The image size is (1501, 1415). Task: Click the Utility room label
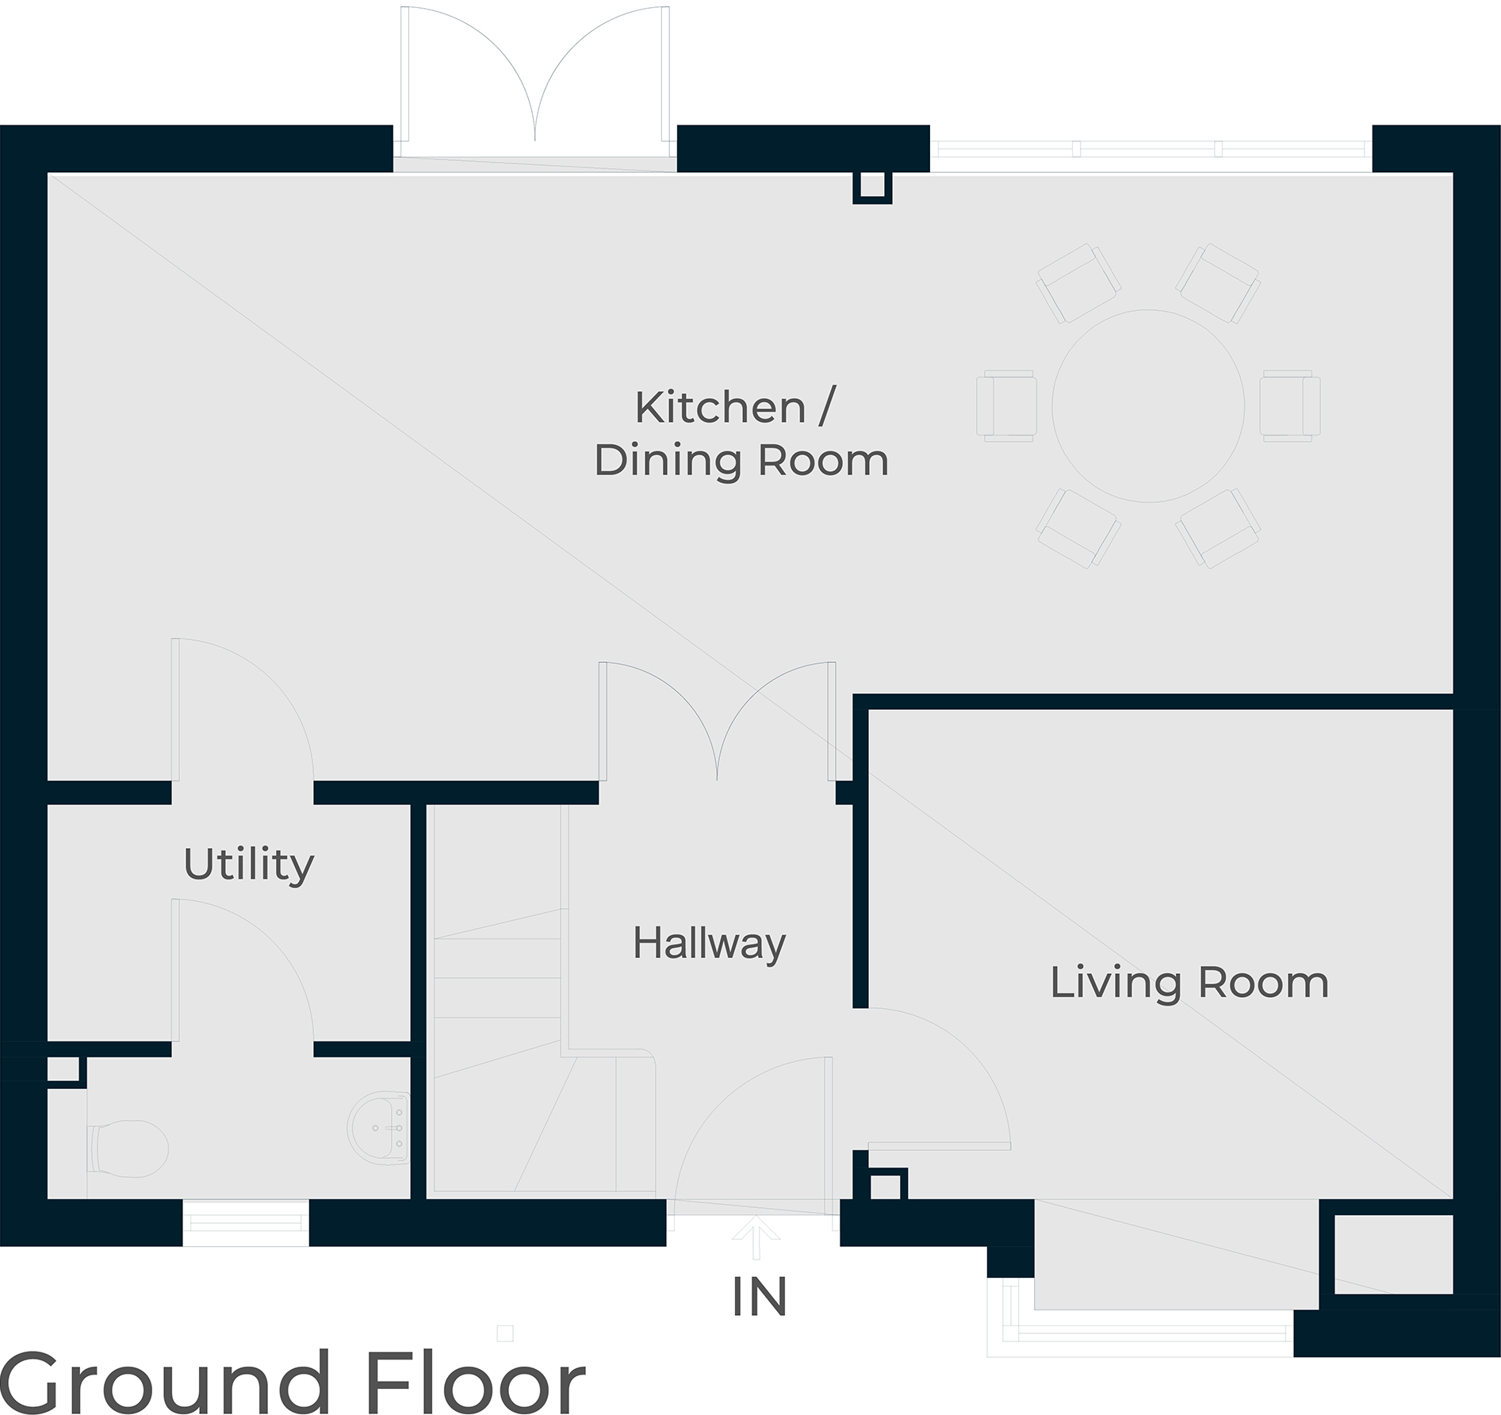[x=249, y=865]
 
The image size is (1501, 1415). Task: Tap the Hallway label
[x=710, y=944]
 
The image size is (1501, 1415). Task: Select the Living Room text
[x=1189, y=983]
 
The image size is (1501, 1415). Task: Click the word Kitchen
[x=721, y=408]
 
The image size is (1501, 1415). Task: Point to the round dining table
[x=1148, y=406]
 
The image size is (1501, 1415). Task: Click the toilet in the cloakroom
[x=128, y=1148]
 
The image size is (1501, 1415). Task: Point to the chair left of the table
[x=1006, y=406]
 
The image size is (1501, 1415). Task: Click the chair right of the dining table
[x=1290, y=406]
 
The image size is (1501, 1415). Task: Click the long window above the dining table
[x=1151, y=148]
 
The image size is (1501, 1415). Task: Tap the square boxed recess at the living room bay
[x=1392, y=1256]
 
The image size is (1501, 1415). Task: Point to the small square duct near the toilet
[x=65, y=1072]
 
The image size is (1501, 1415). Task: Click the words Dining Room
[x=741, y=461]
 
